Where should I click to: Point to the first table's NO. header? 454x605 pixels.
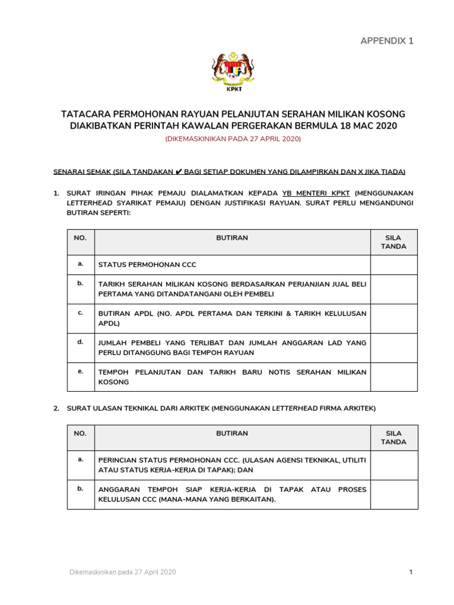[x=80, y=238]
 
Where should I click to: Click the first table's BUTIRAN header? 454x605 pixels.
[x=232, y=238]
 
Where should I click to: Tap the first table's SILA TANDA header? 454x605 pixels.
[x=393, y=242]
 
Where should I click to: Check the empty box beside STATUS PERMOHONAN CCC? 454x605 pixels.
[x=393, y=265]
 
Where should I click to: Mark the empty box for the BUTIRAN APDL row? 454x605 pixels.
[x=393, y=318]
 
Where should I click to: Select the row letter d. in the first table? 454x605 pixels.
[x=80, y=341]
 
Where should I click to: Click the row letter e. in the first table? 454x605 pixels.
[x=80, y=371]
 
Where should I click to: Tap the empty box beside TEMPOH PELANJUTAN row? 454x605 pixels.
[x=393, y=376]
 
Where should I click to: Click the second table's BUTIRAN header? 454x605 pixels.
[x=232, y=433]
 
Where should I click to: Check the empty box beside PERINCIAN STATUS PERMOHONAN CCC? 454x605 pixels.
[x=393, y=464]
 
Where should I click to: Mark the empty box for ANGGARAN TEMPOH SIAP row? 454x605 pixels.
[x=393, y=494]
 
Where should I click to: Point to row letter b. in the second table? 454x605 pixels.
[x=80, y=489]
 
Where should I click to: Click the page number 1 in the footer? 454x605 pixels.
[x=410, y=572]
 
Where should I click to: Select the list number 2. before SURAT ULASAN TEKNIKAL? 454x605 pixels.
[x=56, y=408]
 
